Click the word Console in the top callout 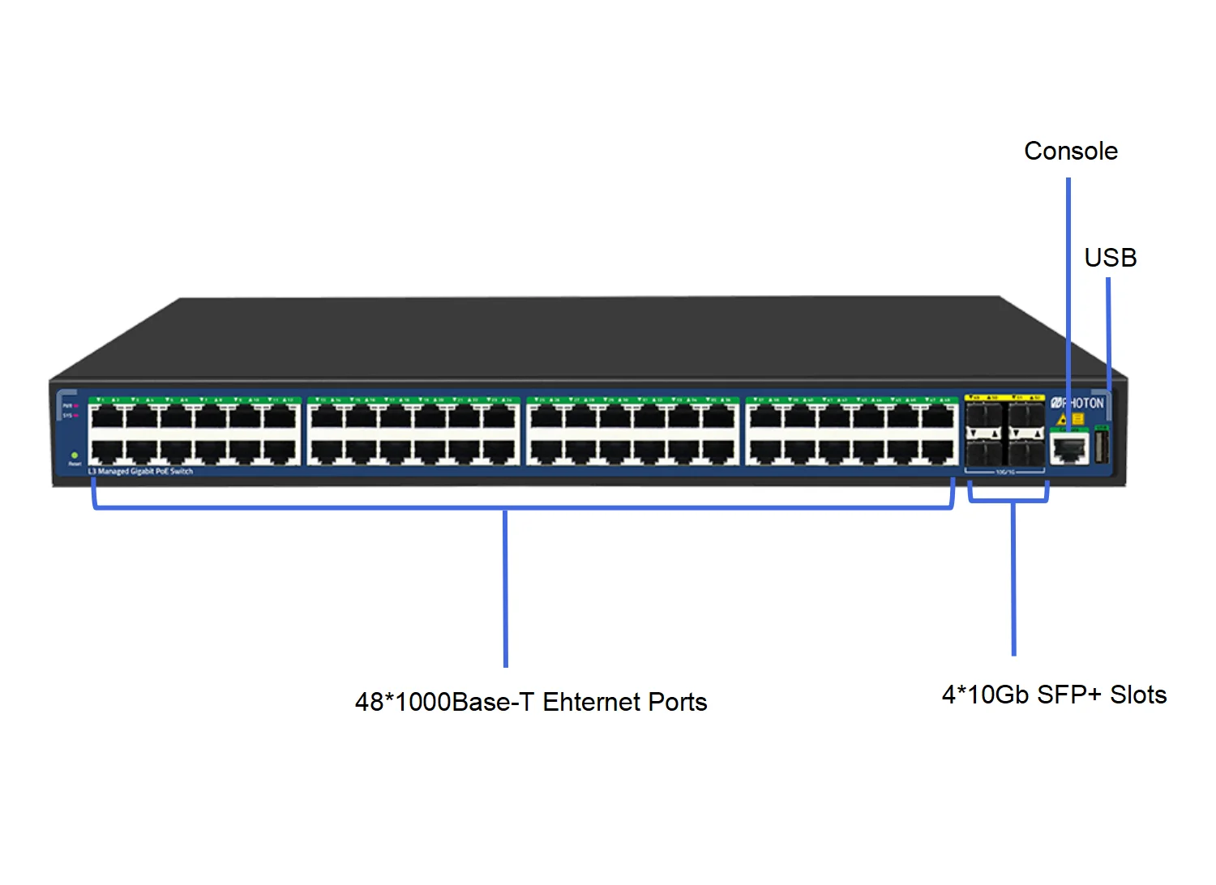(1070, 152)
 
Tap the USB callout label (1110, 259)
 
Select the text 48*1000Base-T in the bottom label (444, 702)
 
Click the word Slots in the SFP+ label (1137, 695)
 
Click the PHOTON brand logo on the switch (1077, 403)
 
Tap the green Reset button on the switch (75, 455)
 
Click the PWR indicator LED (75, 405)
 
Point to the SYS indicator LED (75, 416)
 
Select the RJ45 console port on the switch (1069, 447)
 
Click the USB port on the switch (1101, 447)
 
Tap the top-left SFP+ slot (984, 417)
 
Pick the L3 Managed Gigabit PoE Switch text (140, 472)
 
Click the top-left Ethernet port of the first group (106, 417)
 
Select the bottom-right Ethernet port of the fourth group (939, 451)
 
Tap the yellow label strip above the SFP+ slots (1004, 398)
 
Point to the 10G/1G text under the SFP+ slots (1004, 472)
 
